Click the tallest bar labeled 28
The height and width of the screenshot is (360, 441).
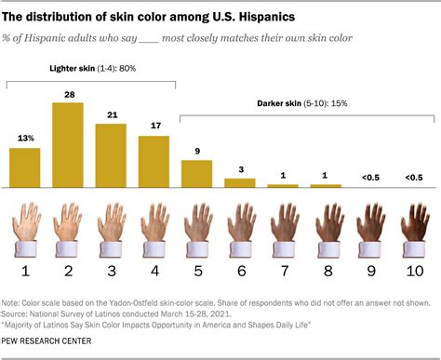click(68, 145)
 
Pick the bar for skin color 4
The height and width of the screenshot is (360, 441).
click(154, 162)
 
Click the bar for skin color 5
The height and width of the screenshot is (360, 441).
click(196, 174)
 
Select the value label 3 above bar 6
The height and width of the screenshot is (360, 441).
click(239, 170)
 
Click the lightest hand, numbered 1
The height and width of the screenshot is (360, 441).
click(25, 228)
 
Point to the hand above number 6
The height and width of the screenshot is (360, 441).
click(239, 228)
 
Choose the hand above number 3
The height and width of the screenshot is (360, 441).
click(111, 228)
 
